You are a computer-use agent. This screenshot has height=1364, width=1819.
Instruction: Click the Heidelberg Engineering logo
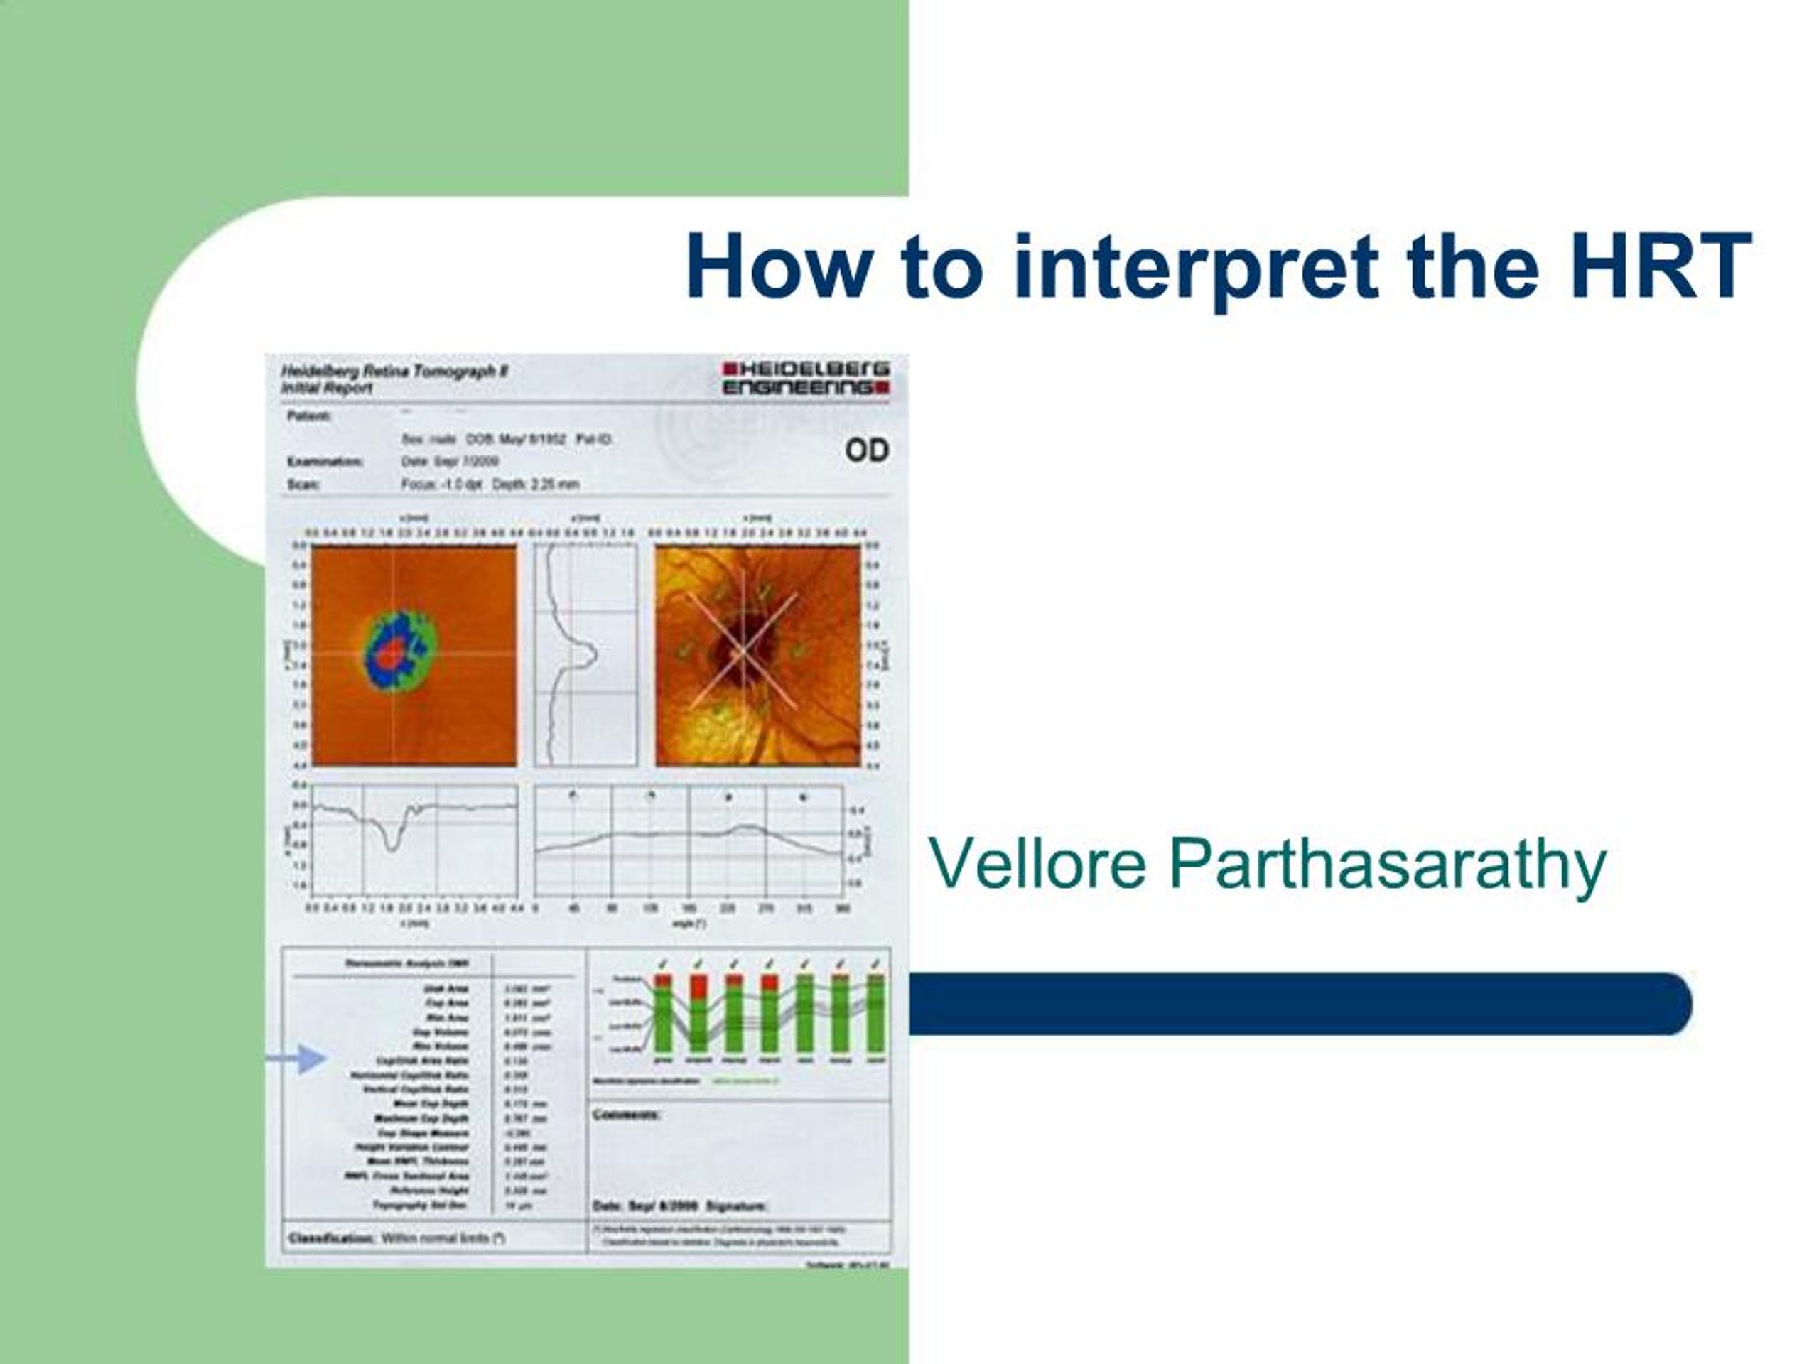(x=805, y=378)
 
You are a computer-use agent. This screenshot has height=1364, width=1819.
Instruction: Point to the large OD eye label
(x=867, y=450)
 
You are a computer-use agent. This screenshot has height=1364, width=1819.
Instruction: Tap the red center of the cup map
(x=393, y=654)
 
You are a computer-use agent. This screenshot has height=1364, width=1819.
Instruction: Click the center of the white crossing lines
(x=743, y=651)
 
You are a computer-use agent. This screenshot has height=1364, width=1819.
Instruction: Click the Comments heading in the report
(x=626, y=1115)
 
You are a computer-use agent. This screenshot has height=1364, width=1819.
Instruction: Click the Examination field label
(x=325, y=462)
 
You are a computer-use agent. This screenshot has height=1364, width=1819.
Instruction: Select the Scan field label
(x=303, y=485)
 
